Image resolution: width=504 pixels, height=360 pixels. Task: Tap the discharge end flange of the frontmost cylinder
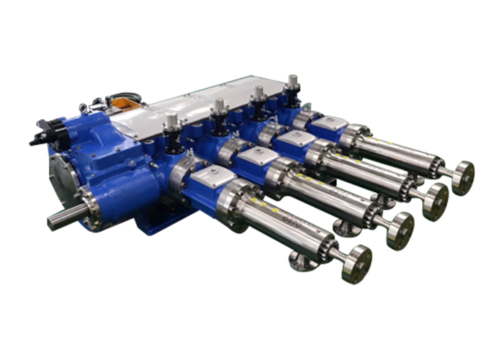pyautogui.click(x=357, y=263)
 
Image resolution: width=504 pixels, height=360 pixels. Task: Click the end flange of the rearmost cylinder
pyautogui.click(x=463, y=176)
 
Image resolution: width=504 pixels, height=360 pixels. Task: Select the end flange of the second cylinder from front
pyautogui.click(x=400, y=228)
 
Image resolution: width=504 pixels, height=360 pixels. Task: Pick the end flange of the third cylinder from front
pyautogui.click(x=436, y=200)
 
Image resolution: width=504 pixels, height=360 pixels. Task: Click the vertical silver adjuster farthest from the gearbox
pyautogui.click(x=291, y=82)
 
